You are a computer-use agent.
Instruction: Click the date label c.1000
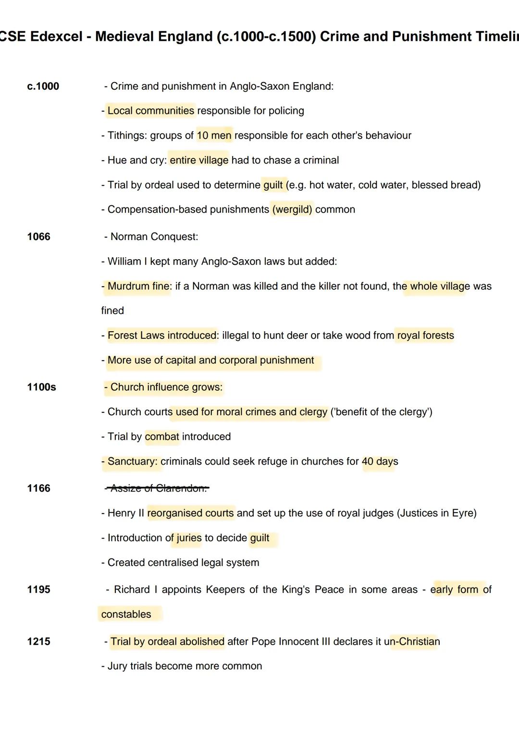[x=43, y=86]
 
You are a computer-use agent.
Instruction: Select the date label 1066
[x=38, y=237]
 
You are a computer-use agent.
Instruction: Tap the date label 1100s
[x=41, y=387]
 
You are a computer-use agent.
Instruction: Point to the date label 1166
[x=38, y=488]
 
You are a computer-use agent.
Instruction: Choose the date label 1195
[x=38, y=589]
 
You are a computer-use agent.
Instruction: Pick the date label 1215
[x=38, y=641]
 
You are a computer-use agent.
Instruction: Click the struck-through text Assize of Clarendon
[x=158, y=488]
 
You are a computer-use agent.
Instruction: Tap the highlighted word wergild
[x=292, y=209]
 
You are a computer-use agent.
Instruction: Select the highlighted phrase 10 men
[x=214, y=135]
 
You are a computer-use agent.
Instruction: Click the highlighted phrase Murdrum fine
[x=138, y=286]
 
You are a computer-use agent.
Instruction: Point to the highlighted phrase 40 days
[x=380, y=461]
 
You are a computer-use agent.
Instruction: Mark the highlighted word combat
[x=162, y=436]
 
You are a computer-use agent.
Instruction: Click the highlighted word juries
[x=189, y=538]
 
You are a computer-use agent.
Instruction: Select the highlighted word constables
[x=126, y=614]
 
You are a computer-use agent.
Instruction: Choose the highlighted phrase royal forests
[x=425, y=335]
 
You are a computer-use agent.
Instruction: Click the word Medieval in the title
[x=124, y=36]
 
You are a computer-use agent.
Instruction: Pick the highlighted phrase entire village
[x=199, y=160]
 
